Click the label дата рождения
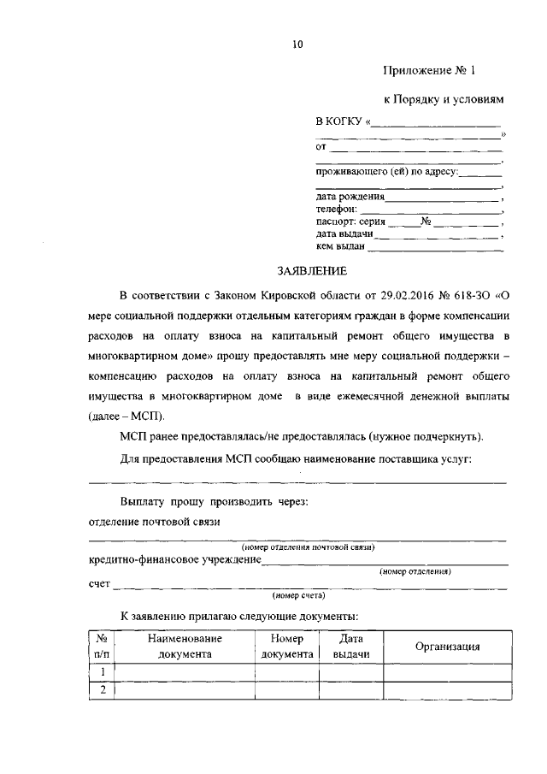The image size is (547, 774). [350, 196]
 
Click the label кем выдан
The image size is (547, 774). [340, 247]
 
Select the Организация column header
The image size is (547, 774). [447, 647]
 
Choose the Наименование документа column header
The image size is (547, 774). [184, 647]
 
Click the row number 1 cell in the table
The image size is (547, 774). [102, 672]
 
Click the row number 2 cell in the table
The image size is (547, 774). [102, 690]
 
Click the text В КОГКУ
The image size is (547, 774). [340, 122]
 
